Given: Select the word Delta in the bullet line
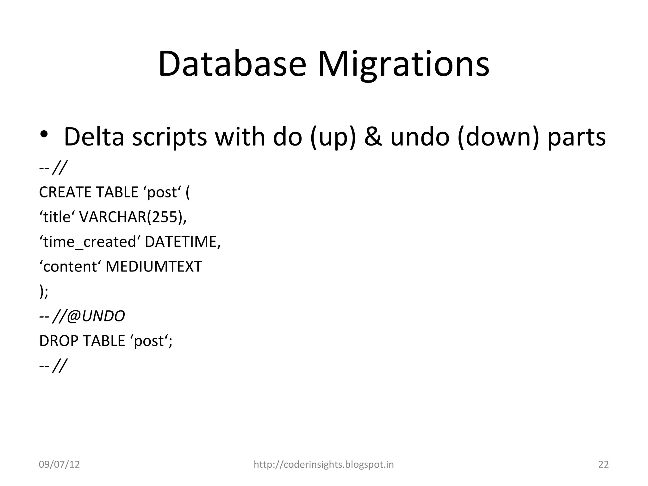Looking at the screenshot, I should [94, 137].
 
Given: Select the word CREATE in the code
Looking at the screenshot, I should [65, 192].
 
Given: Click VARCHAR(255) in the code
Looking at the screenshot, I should [132, 217].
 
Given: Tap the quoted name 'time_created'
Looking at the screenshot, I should [90, 242].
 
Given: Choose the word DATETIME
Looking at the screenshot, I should [182, 242].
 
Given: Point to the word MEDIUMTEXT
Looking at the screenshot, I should [153, 266].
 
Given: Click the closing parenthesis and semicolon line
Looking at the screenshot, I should [44, 291].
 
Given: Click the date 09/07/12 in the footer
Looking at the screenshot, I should [59, 464].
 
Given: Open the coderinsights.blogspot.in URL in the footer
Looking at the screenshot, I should [324, 464].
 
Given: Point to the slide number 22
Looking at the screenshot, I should [603, 464].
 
